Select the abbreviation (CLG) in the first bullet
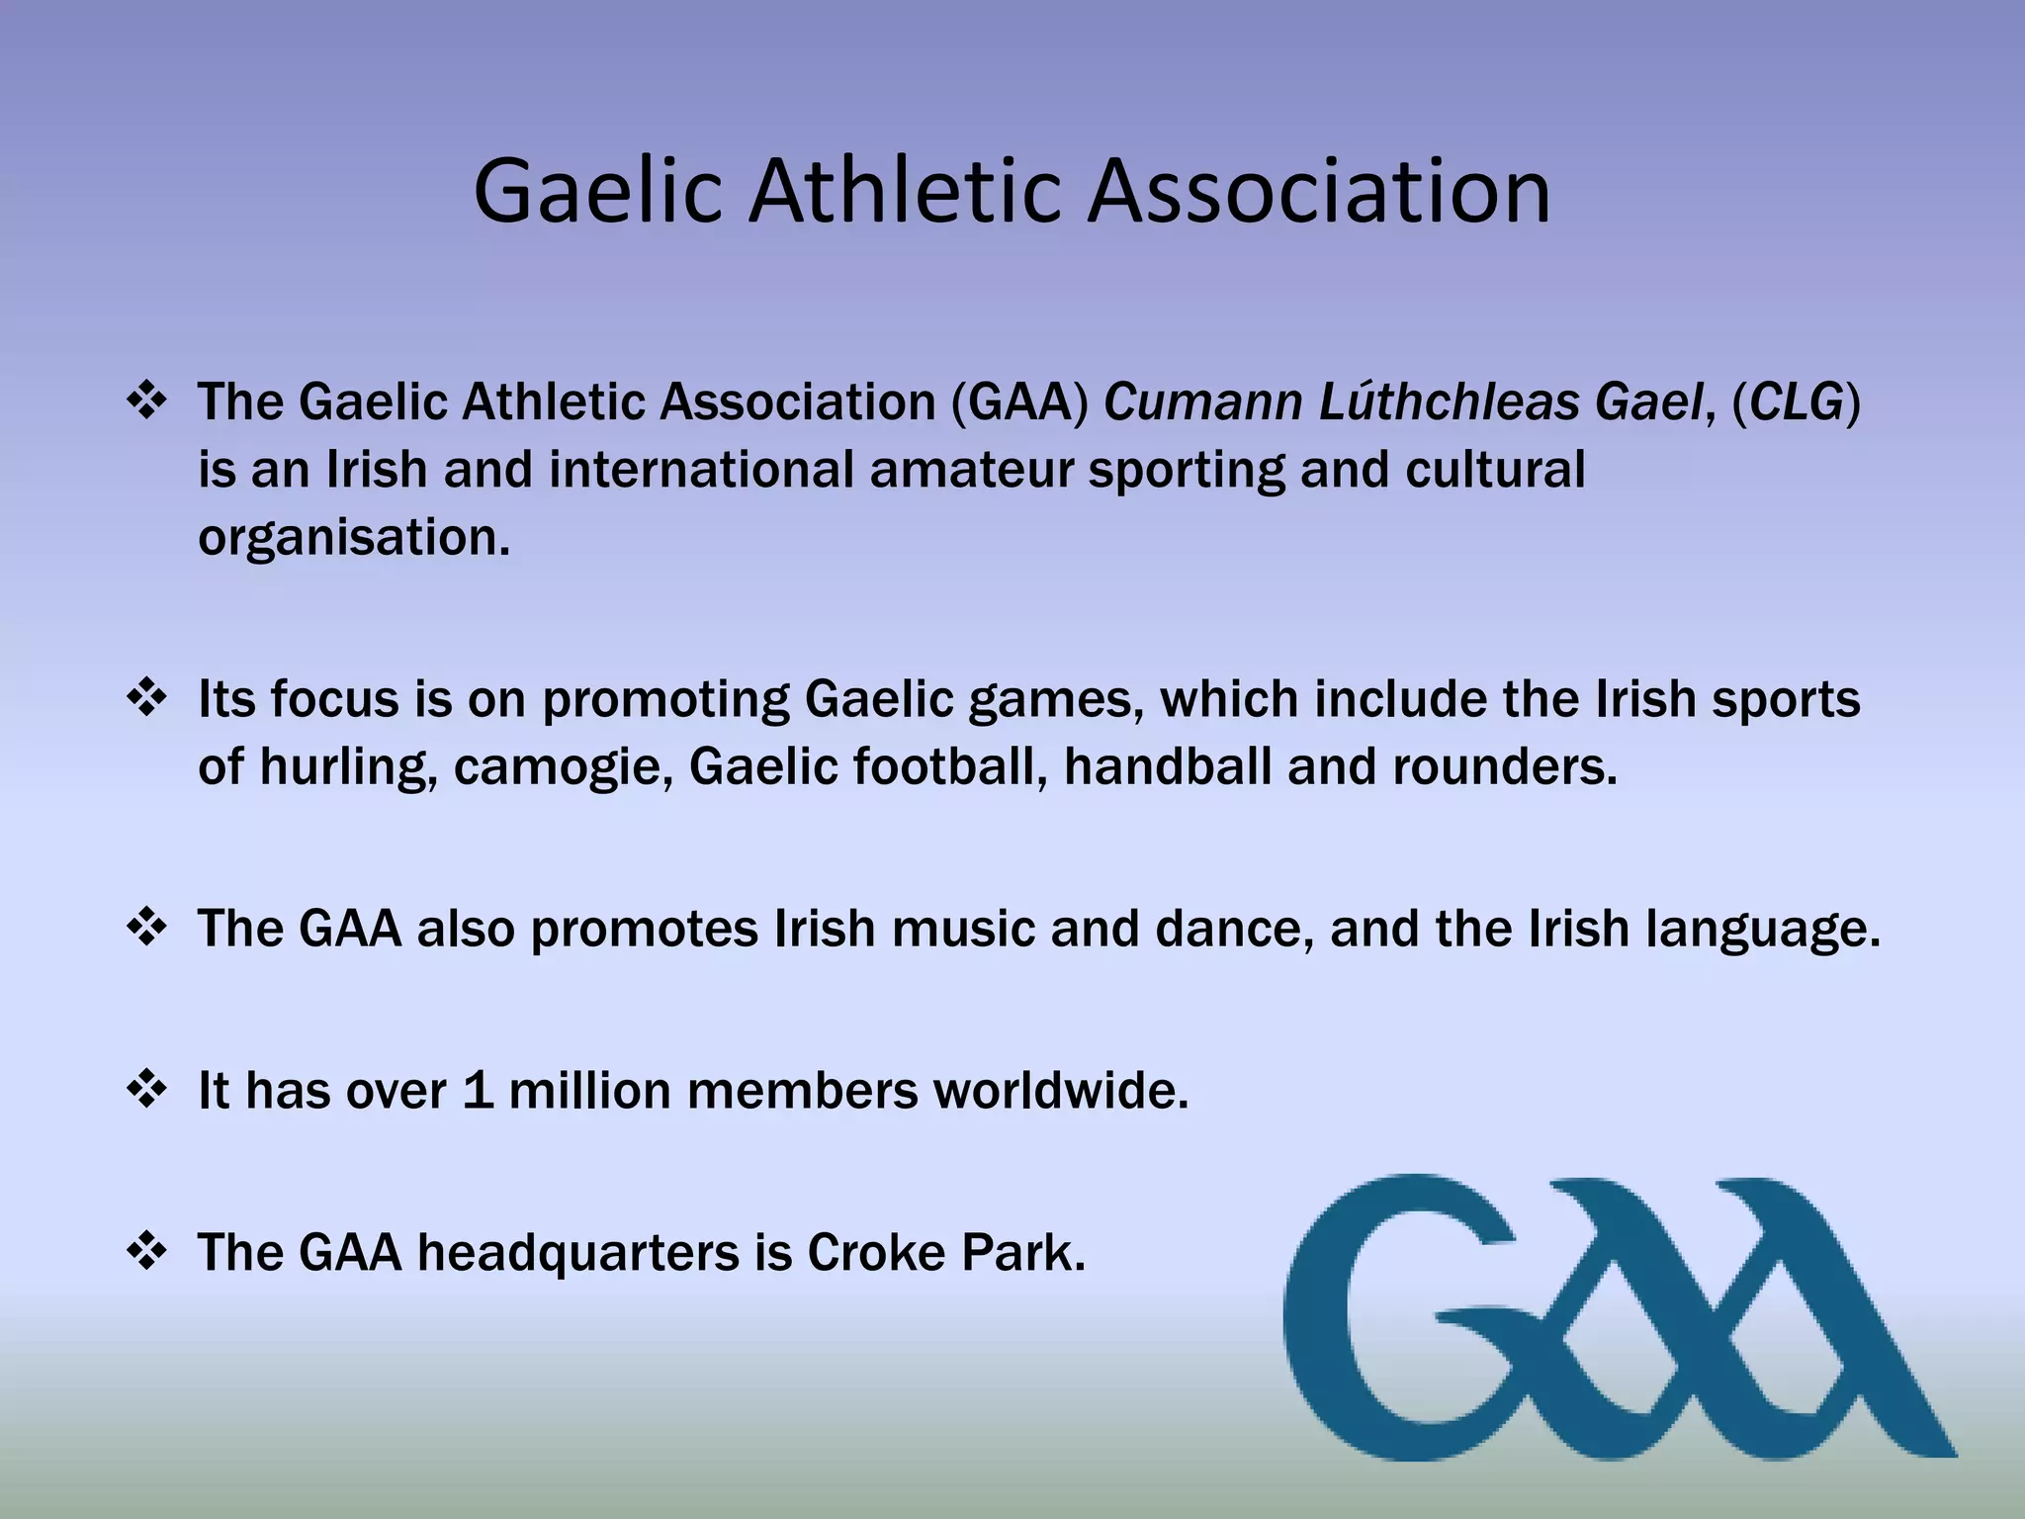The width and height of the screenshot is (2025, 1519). pyautogui.click(x=1797, y=402)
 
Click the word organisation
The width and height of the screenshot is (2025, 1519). pyautogui.click(x=354, y=538)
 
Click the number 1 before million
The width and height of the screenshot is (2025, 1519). pyautogui.click(x=478, y=1091)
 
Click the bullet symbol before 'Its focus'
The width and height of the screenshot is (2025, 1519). pyautogui.click(x=147, y=698)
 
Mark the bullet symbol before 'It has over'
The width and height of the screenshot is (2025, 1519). pyautogui.click(x=147, y=1090)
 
